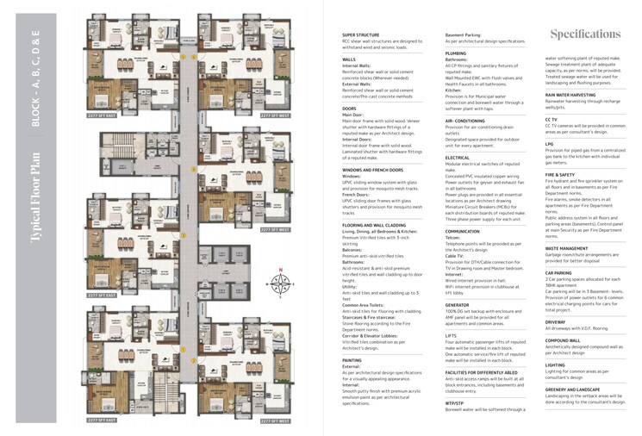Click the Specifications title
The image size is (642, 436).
(x=585, y=34)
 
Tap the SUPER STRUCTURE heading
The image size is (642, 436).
(x=361, y=34)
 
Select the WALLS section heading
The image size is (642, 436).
(x=349, y=59)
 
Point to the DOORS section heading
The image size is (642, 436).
(x=350, y=108)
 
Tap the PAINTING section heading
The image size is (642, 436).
(x=352, y=359)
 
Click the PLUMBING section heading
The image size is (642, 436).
(x=456, y=53)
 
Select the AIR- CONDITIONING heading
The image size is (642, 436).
(x=465, y=121)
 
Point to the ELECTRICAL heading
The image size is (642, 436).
(x=458, y=157)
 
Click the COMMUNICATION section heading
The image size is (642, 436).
(x=463, y=231)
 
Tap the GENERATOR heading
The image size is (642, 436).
(x=458, y=304)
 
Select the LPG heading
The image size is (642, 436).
(x=549, y=144)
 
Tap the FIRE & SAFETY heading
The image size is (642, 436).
(x=560, y=174)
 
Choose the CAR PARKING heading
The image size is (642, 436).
(x=559, y=272)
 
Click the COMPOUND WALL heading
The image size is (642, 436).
(x=564, y=339)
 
